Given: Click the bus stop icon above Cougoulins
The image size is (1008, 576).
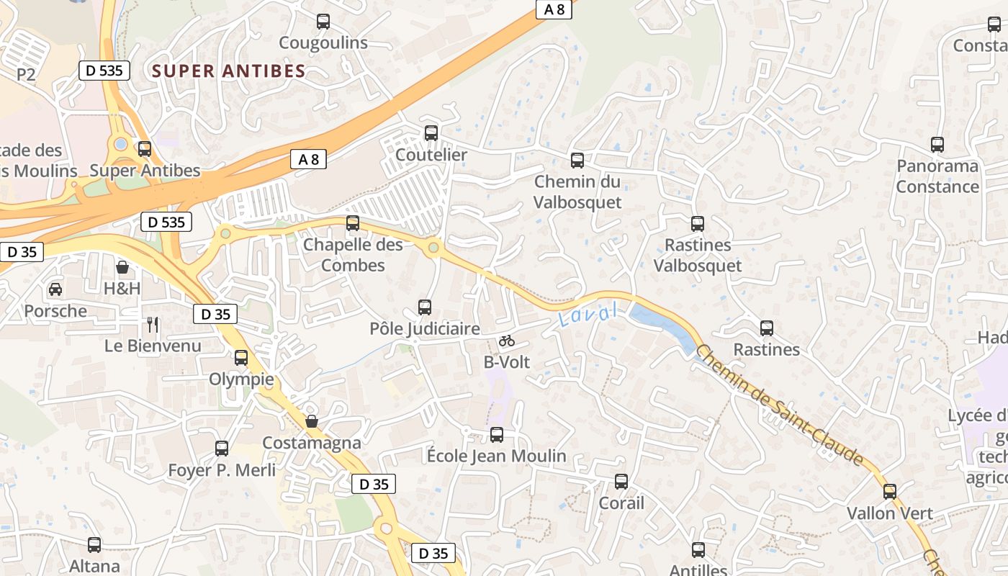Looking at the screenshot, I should (323, 22).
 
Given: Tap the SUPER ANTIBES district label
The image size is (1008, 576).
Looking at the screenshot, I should (230, 71).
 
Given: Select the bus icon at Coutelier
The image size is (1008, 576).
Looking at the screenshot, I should (431, 133).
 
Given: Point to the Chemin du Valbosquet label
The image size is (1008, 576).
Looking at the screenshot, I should (577, 192).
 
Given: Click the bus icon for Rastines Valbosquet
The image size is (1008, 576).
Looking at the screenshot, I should (698, 224).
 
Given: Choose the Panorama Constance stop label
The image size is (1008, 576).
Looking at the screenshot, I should (937, 176).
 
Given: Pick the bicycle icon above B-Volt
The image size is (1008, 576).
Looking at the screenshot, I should (507, 341).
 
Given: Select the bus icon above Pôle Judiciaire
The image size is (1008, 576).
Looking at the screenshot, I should (425, 307).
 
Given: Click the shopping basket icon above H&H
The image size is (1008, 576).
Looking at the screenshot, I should (123, 268).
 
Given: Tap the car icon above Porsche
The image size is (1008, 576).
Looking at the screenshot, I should (55, 289).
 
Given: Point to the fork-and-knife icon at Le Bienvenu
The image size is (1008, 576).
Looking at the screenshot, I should (153, 324).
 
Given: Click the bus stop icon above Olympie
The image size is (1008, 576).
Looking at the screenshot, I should (241, 357).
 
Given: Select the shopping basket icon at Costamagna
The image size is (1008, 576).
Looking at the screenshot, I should (312, 421).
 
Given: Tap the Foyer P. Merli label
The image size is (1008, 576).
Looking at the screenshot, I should (222, 470).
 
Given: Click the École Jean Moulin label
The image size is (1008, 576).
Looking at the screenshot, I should (497, 456).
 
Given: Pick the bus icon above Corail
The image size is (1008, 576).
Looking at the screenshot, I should (621, 482).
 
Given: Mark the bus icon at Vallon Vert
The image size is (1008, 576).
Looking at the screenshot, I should (890, 492).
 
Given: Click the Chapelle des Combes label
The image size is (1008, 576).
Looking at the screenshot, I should (353, 255).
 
